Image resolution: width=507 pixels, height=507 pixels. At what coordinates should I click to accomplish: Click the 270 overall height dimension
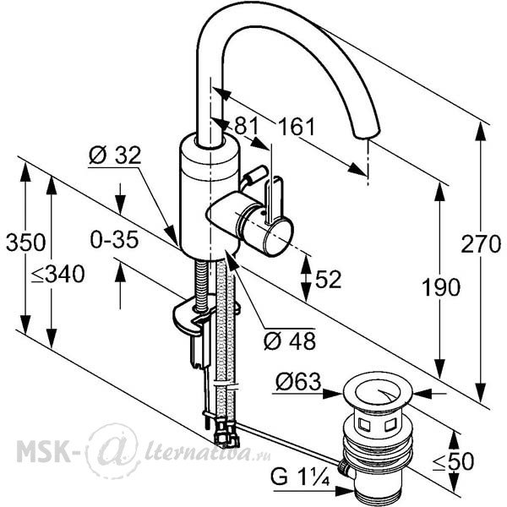pos(481,244)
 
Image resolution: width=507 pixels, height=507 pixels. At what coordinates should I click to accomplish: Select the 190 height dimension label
pos(441,287)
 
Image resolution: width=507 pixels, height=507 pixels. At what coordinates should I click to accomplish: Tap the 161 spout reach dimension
pos(297,127)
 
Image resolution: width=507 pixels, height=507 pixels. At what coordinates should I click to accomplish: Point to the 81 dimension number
pos(247,125)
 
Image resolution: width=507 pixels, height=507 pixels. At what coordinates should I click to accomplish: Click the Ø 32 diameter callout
pos(115,155)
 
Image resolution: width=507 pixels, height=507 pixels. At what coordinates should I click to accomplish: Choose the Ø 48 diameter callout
pos(290,341)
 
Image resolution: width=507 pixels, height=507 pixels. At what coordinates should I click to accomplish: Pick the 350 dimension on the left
pos(26,243)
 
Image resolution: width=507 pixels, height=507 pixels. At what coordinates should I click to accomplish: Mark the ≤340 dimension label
pos(57,274)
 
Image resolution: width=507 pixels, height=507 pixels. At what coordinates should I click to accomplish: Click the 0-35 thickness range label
pos(114,240)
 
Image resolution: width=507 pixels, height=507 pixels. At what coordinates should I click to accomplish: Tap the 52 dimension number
pos(328,279)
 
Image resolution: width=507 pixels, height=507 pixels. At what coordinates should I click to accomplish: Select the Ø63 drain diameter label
pos(298,382)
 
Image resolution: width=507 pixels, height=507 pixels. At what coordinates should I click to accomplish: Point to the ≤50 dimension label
pos(453,461)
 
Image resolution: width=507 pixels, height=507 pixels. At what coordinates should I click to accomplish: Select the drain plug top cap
pos(378,391)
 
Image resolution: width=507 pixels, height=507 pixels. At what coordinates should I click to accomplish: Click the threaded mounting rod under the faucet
pos(201,286)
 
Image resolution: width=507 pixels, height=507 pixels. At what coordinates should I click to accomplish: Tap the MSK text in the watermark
pos(42,450)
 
